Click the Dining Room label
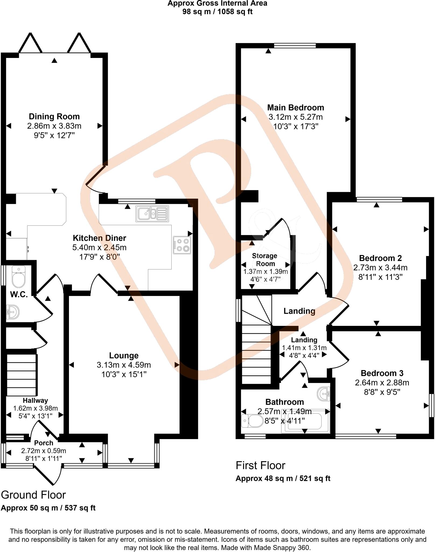pos(54,116)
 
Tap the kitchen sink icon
pos(152,214)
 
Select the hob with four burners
pos(182,245)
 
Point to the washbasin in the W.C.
pos(13,312)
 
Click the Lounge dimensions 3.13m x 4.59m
pos(124,365)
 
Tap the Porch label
pos(44,443)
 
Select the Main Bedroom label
pos(295,108)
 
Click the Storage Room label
pos(265,260)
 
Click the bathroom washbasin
pos(323,394)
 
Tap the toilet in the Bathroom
pos(253,421)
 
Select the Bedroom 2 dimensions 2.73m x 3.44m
pos(380,268)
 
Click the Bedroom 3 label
pos(382,373)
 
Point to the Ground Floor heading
pos(33,495)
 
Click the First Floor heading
pos(260,465)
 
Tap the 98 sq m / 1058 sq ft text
pos(217,12)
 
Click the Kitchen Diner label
pos(99,238)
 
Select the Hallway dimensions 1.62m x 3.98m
pos(36,408)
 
